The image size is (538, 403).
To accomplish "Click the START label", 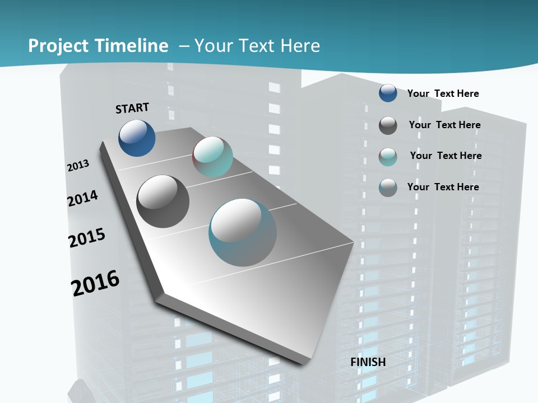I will click(132, 108).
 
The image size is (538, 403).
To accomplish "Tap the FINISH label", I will click(368, 362).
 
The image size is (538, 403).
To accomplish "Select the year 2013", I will click(78, 166).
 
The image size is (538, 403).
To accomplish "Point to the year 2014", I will click(82, 198).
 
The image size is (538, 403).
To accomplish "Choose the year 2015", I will click(87, 237).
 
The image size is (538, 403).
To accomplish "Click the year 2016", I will click(95, 283).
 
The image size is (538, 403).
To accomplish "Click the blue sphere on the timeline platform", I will click(137, 138).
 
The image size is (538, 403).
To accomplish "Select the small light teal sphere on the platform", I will click(212, 157).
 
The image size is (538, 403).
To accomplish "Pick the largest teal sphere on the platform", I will click(243, 232).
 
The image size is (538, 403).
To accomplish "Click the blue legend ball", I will click(388, 93).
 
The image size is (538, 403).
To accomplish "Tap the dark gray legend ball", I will click(388, 125).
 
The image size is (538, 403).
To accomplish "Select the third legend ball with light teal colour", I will click(388, 157).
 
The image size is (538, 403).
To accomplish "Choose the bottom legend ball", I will click(388, 188).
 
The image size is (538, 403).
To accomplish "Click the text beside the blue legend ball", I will click(443, 93).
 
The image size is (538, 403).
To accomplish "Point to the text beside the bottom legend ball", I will click(443, 187).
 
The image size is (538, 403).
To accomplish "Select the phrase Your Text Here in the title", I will click(257, 46).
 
